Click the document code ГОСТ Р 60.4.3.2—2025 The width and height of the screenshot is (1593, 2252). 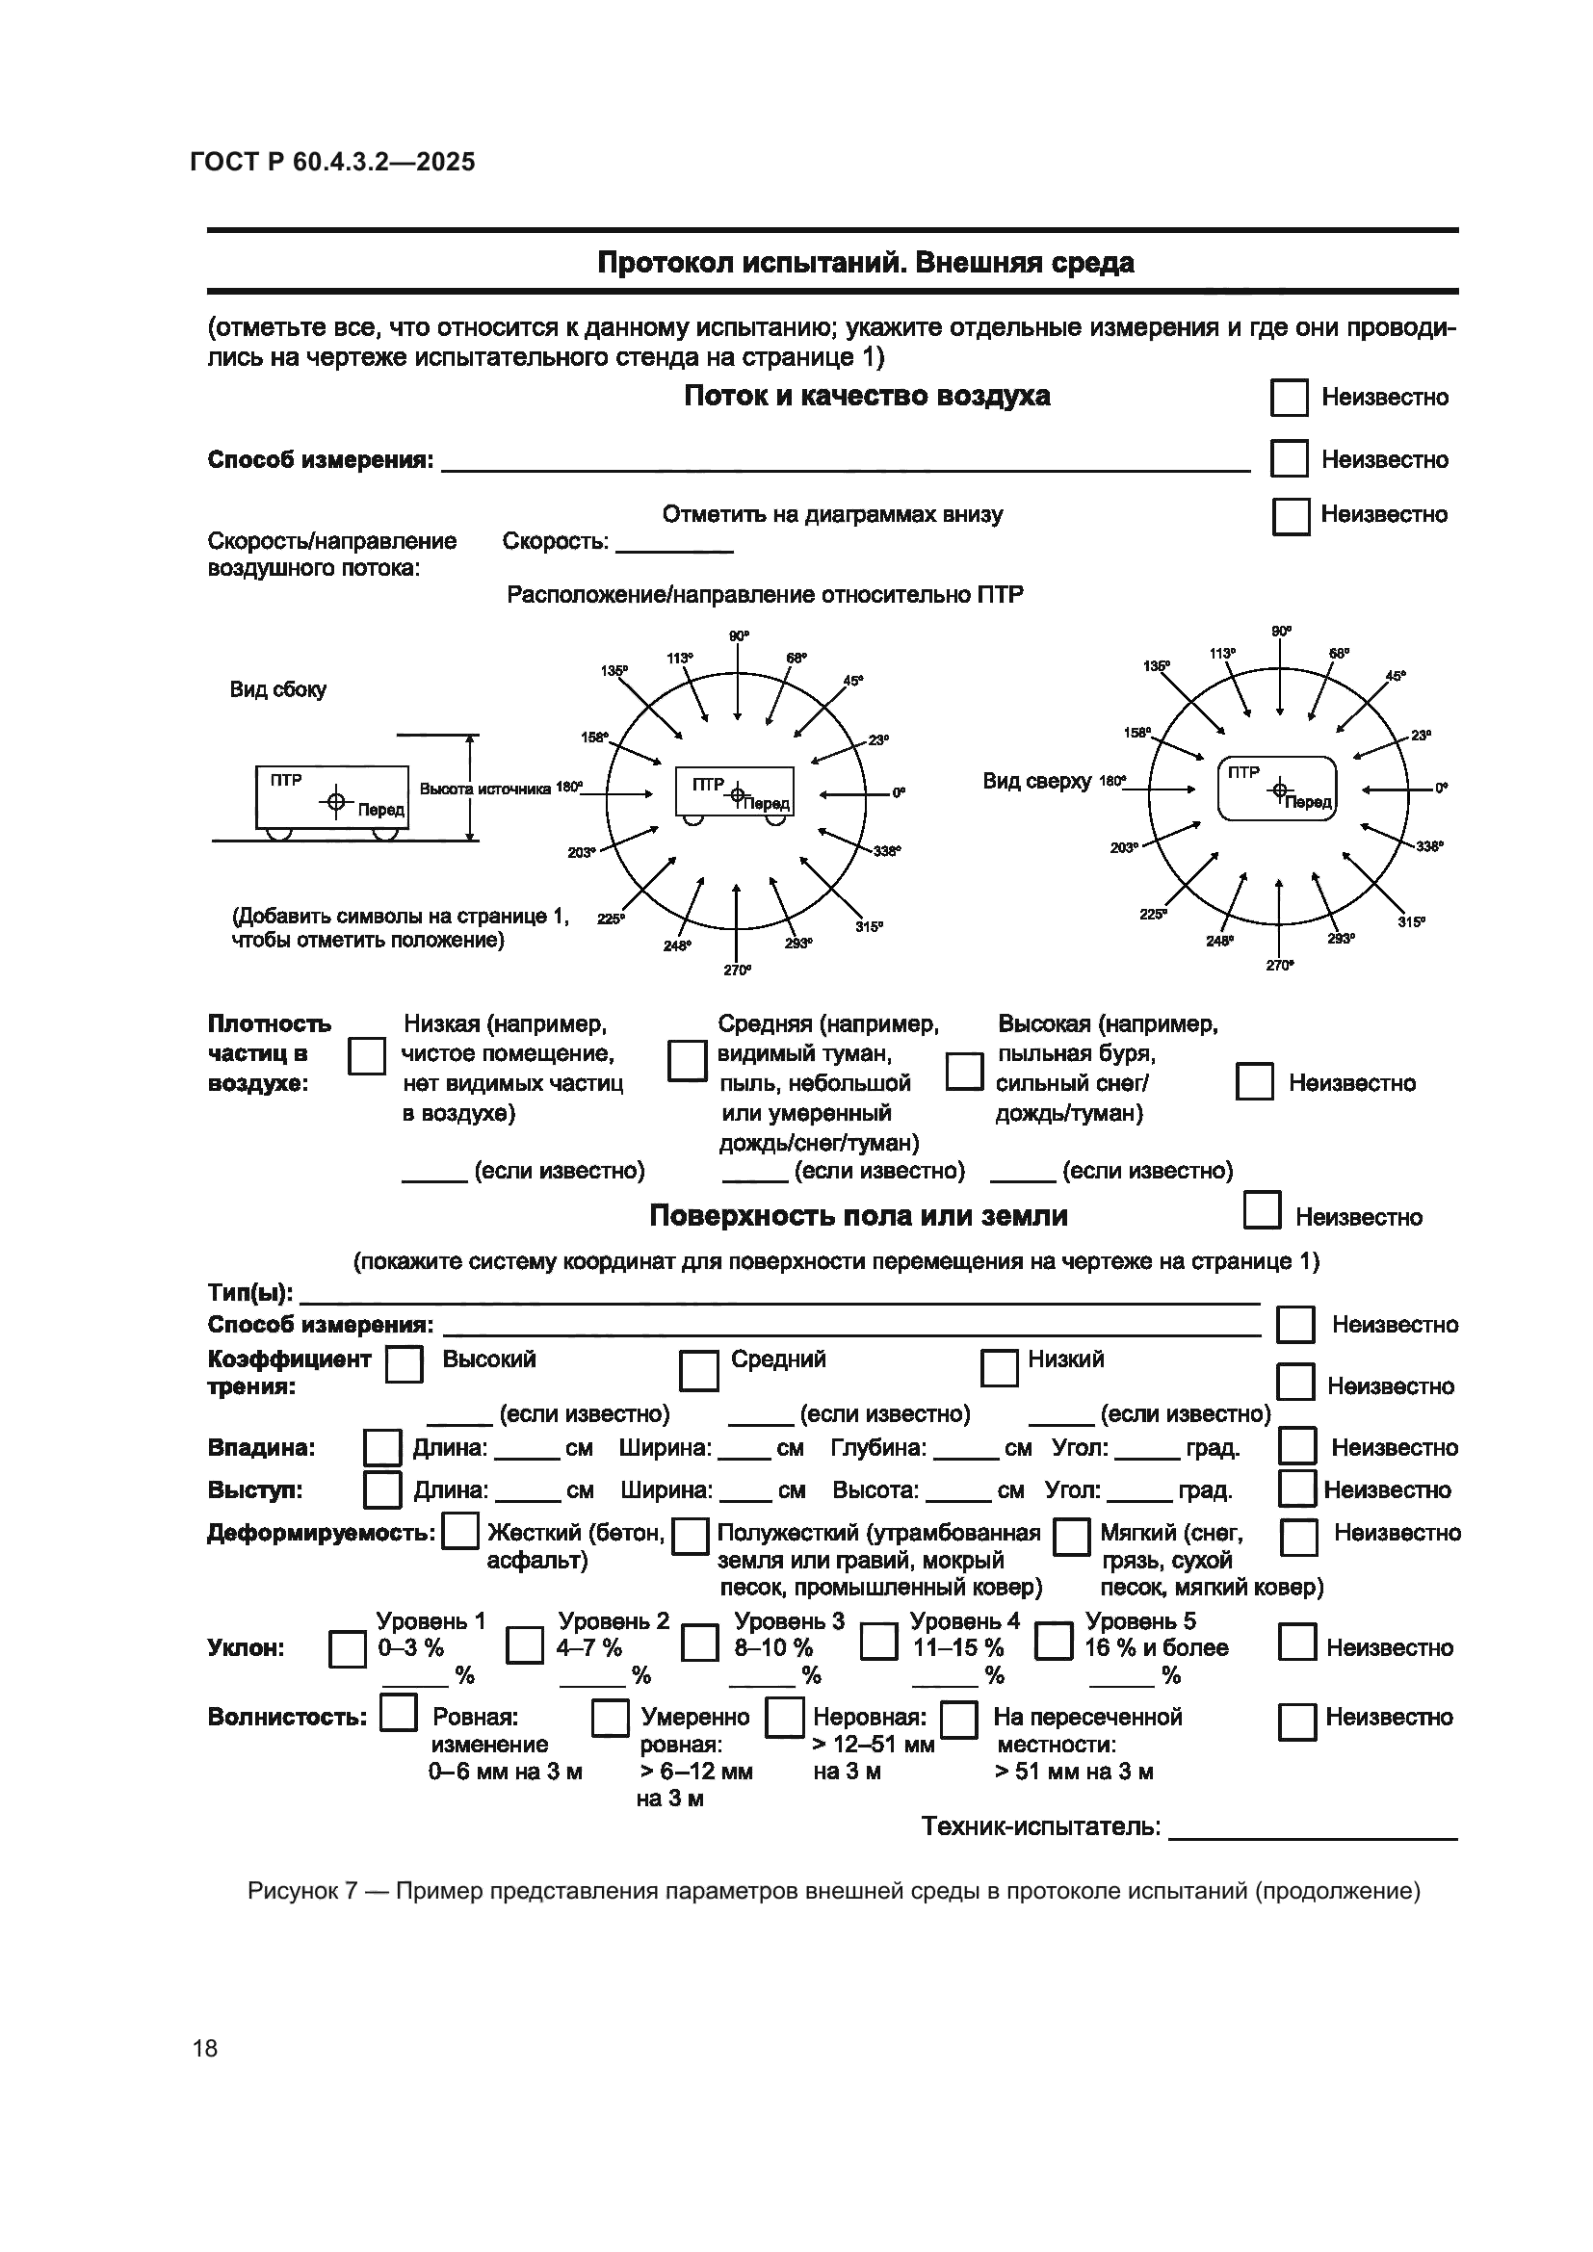pos(332,162)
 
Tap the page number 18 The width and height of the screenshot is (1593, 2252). pos(205,2048)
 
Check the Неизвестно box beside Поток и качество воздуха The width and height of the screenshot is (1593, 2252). pos(1289,398)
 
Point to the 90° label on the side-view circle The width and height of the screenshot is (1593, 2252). pos(739,636)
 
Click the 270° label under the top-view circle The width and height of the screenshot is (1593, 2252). pos(1279,965)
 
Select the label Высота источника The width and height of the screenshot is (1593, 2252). pos(484,789)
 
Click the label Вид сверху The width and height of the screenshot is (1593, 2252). pos(1037,782)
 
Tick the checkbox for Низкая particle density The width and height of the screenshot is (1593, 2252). pos(367,1056)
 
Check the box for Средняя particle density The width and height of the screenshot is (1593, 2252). pos(687,1061)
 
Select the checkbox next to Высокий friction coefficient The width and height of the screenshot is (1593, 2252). pos(405,1364)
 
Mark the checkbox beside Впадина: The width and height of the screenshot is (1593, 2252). pos(381,1448)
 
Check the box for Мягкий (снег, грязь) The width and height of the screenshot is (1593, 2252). pos(1071,1536)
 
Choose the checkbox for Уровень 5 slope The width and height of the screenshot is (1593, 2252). pos(1054,1641)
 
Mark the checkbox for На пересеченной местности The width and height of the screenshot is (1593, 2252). pos(958,1720)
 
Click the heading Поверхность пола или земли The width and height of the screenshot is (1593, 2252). pos(858,1216)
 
